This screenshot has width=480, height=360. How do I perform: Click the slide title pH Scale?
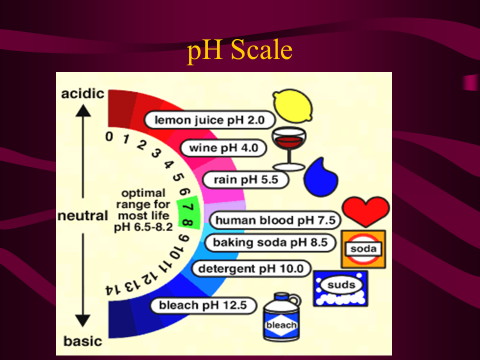(239, 50)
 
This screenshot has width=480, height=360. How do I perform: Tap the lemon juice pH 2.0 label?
(210, 120)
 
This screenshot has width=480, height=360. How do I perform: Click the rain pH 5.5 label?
(245, 180)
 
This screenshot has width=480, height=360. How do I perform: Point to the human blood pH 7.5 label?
(274, 220)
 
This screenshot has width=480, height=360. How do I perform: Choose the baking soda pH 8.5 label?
(270, 242)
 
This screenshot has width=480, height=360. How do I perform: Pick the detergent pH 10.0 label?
(251, 268)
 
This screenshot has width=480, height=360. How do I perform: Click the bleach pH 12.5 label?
(202, 305)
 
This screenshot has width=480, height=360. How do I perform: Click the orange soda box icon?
(363, 248)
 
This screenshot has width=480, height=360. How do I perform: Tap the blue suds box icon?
(340, 288)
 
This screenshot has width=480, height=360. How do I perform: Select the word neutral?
(82, 216)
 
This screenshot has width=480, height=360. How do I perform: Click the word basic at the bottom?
(82, 341)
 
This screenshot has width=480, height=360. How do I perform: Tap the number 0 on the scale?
(109, 136)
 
